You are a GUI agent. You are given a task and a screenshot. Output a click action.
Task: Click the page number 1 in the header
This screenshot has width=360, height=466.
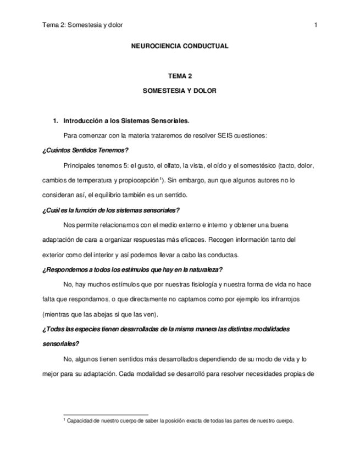click(x=315, y=25)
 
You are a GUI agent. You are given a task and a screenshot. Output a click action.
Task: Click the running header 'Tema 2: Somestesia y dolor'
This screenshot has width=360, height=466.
click(x=82, y=25)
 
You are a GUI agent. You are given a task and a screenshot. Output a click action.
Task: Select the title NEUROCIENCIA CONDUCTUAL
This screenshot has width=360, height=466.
click(x=179, y=46)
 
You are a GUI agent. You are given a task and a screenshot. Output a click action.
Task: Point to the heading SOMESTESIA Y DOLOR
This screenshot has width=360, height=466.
click(x=179, y=91)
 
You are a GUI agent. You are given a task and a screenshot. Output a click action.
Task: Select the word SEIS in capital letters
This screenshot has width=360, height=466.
click(x=227, y=135)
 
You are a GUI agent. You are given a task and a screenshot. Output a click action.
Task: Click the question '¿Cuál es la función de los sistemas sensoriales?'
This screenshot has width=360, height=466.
click(x=111, y=210)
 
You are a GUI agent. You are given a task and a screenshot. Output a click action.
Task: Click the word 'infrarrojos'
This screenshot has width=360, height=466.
click(x=284, y=299)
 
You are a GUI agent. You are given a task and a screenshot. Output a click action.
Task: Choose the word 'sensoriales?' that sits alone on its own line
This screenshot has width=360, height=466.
click(x=60, y=344)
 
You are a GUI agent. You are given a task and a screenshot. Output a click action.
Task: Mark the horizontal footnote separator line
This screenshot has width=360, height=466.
click(x=106, y=415)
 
